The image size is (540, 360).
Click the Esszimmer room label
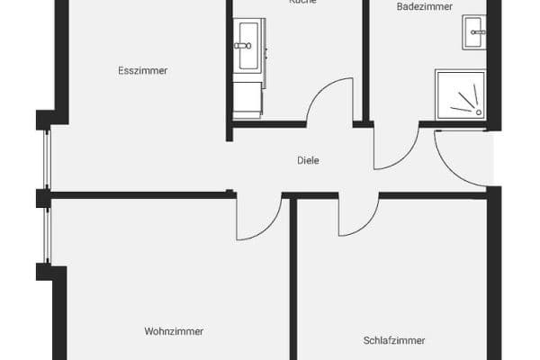(143, 70)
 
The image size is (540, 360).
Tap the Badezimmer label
(418, 6)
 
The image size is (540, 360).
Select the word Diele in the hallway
(309, 161)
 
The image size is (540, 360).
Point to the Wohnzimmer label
(174, 331)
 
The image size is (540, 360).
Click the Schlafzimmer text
(394, 340)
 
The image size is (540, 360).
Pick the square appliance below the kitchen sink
(247, 98)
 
